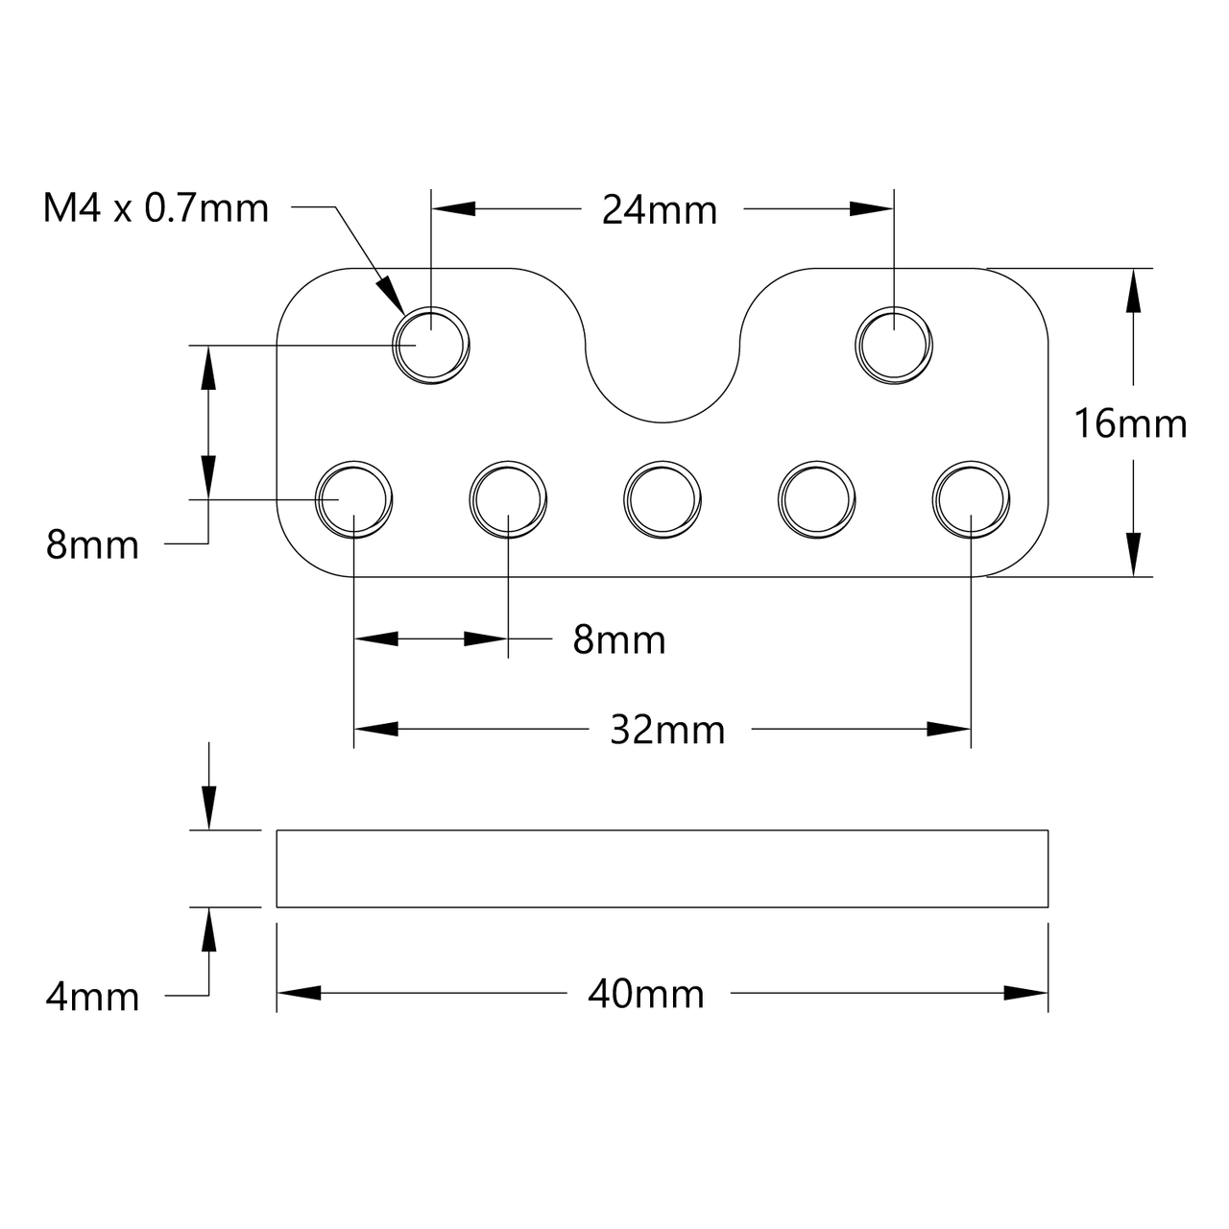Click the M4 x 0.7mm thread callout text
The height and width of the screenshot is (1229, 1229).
156,208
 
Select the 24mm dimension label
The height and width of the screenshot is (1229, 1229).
659,210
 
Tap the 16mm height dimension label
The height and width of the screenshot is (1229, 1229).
1130,423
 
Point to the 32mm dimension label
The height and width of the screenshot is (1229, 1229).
667,731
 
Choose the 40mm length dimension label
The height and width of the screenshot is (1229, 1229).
646,994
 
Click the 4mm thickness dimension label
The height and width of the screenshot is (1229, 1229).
92,997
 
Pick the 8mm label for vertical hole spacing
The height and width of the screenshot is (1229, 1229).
92,545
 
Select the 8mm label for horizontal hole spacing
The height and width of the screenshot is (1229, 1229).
619,640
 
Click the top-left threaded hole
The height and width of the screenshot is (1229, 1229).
431,345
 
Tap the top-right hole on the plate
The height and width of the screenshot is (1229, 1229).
894,345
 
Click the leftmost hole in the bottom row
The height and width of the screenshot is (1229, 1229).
354,499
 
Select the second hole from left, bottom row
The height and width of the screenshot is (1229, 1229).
508,499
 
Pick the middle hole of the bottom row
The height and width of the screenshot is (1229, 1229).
662,499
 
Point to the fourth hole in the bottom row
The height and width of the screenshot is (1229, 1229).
815,499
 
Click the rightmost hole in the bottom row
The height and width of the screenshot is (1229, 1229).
970,499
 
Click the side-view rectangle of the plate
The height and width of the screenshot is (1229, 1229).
663,868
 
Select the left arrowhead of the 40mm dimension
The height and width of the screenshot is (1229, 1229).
299,994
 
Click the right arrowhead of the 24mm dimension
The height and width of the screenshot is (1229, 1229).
872,208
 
